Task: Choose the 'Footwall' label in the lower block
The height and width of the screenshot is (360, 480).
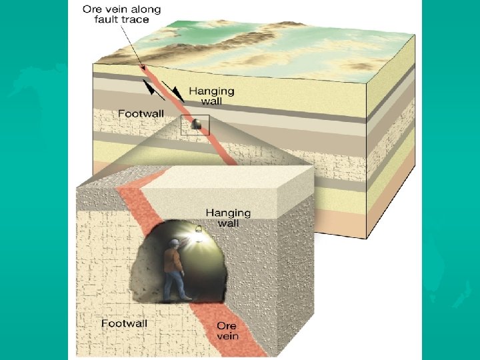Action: coord(123,323)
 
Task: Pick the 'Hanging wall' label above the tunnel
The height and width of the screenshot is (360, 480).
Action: coord(228,217)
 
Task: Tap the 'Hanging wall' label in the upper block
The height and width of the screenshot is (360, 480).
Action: coord(211,95)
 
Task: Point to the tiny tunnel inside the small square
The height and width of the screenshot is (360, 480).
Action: coord(195,125)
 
